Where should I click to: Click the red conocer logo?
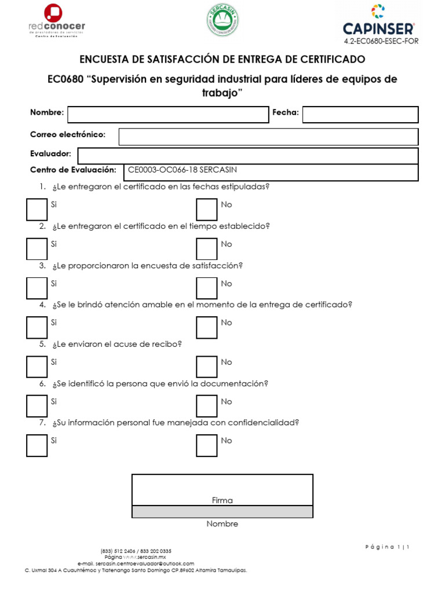(56, 22)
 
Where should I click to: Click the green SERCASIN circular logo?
(222, 21)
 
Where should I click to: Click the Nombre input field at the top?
(168, 114)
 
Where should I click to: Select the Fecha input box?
(360, 114)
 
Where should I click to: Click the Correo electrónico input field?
(268, 137)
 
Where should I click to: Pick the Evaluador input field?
(247, 156)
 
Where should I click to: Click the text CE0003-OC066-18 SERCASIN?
(183, 170)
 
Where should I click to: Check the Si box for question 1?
(37, 209)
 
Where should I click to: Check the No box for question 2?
(206, 248)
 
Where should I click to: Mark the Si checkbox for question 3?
(37, 288)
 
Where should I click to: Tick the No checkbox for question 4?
(206, 327)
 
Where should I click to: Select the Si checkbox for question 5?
(37, 367)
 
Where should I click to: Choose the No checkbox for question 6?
(206, 406)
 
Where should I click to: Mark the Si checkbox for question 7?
(37, 445)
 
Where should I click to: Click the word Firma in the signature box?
(222, 500)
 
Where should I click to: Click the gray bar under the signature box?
(222, 511)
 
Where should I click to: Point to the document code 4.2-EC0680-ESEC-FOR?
(381, 41)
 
